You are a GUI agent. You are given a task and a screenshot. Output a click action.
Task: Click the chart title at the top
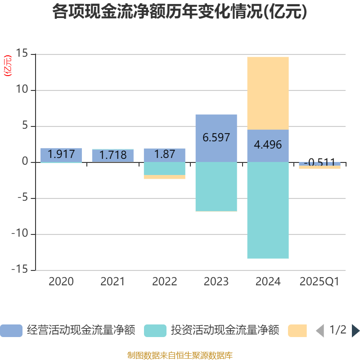[x=180, y=12]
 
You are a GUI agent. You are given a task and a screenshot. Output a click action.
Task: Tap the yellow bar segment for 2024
[x=268, y=93]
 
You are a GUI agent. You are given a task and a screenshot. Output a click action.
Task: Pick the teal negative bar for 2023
[x=216, y=186]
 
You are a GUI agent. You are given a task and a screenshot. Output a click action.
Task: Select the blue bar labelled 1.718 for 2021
[x=112, y=155]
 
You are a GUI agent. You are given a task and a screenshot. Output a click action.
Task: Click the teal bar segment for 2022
[x=164, y=168]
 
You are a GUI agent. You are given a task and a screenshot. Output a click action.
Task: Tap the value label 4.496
[x=268, y=145]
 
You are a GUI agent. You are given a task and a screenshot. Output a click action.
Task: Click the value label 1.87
[x=164, y=154]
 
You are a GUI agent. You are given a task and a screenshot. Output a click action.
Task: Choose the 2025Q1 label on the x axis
[x=319, y=282]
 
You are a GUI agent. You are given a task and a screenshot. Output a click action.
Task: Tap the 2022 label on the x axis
[x=164, y=282]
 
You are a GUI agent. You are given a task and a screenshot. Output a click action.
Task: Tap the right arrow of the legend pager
[x=355, y=330]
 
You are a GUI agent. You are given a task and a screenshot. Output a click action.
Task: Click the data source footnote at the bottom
[x=180, y=355]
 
